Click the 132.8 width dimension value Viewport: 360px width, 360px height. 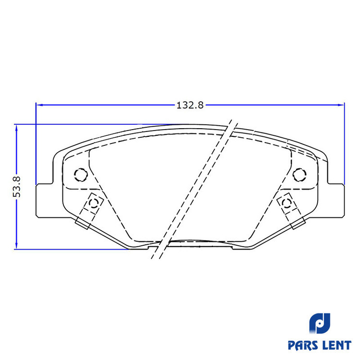click(x=190, y=105)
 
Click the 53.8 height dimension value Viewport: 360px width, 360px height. click(x=17, y=187)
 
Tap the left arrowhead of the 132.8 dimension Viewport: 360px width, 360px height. click(x=40, y=105)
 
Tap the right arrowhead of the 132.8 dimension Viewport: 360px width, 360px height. click(x=340, y=105)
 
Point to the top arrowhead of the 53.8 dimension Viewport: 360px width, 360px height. click(x=16, y=128)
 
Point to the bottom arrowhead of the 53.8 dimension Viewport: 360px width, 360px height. click(x=16, y=245)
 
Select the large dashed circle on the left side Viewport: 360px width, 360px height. click(x=81, y=175)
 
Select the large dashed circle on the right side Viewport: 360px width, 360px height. click(x=300, y=175)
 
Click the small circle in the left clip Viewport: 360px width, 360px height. click(x=94, y=203)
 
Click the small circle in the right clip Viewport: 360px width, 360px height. click(x=287, y=203)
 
